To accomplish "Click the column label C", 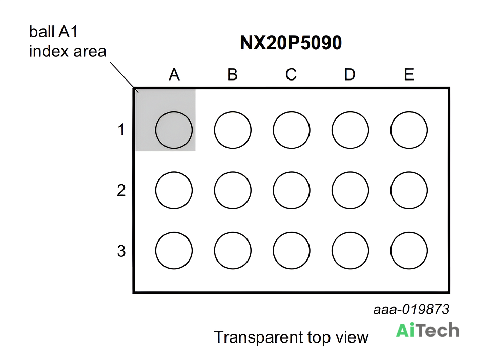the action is tap(291, 75).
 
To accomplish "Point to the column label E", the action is tap(409, 75).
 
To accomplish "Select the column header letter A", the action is tap(174, 75).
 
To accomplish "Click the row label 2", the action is tap(121, 190).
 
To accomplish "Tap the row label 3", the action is tap(121, 251).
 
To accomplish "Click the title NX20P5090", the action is tap(291, 43).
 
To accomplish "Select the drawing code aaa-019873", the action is tap(411, 310).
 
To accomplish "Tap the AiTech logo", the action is tap(427, 330).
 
